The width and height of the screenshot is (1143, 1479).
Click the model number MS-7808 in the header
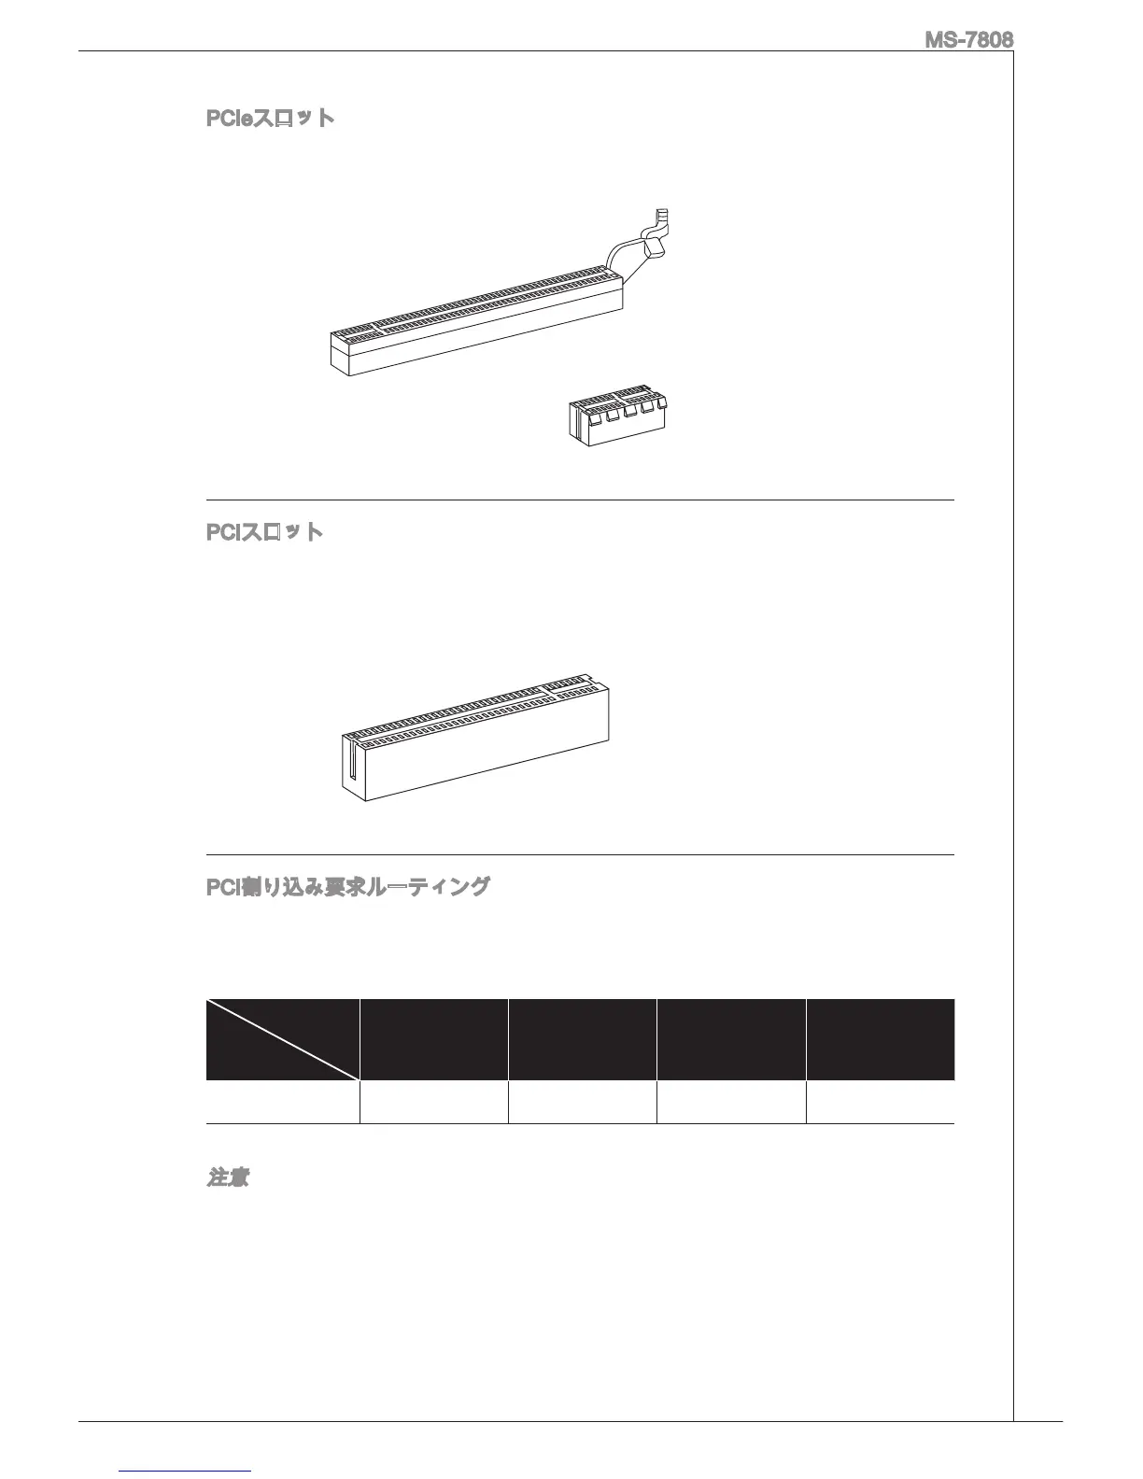click(x=969, y=40)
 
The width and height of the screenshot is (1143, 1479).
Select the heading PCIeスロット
click(x=270, y=119)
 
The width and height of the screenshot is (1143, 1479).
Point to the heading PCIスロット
click(x=264, y=532)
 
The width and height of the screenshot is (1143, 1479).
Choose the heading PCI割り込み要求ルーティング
click(x=347, y=886)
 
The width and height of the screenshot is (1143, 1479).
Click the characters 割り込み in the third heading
click(x=278, y=886)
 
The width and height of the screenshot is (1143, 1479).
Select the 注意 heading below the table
click(x=227, y=1177)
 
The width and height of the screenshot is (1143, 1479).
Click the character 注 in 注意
click(x=217, y=1177)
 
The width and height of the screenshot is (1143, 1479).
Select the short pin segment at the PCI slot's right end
click(x=570, y=685)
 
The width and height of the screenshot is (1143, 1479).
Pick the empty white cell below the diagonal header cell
click(x=282, y=1102)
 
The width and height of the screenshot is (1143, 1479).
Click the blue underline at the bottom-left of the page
click(x=186, y=1472)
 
